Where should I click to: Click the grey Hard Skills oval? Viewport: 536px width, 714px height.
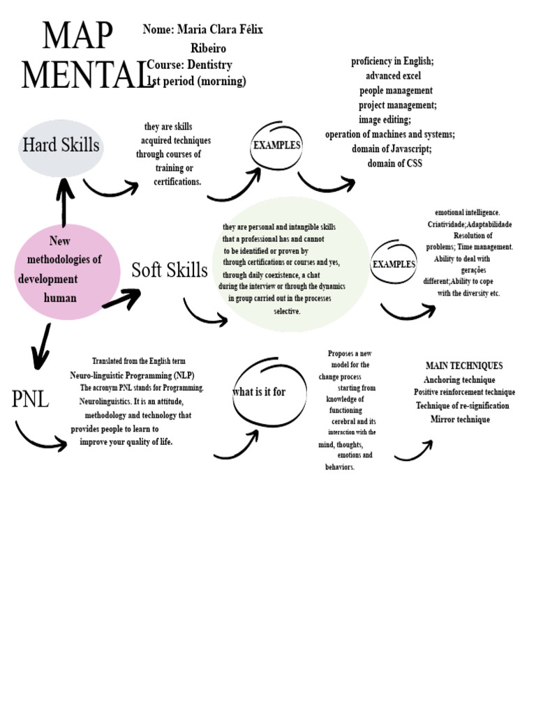[61, 146]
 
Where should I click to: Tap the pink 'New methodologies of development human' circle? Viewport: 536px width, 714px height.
[67, 271]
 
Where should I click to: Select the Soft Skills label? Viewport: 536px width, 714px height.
[170, 270]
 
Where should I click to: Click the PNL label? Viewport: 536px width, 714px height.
[31, 400]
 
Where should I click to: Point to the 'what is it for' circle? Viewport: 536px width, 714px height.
[259, 392]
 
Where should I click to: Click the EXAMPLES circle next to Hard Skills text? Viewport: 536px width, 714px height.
[276, 146]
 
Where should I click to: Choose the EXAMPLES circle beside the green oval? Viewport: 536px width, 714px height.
[394, 264]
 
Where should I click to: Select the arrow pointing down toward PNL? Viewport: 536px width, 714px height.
[43, 346]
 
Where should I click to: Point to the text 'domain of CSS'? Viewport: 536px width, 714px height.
[395, 164]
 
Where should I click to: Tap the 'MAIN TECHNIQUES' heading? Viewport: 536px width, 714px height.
[464, 365]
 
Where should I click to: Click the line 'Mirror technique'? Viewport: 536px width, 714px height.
[460, 419]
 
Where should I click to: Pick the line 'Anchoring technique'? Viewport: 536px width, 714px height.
[459, 380]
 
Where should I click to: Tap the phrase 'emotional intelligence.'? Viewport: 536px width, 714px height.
[468, 212]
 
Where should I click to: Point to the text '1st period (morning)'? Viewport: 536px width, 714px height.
[198, 82]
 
